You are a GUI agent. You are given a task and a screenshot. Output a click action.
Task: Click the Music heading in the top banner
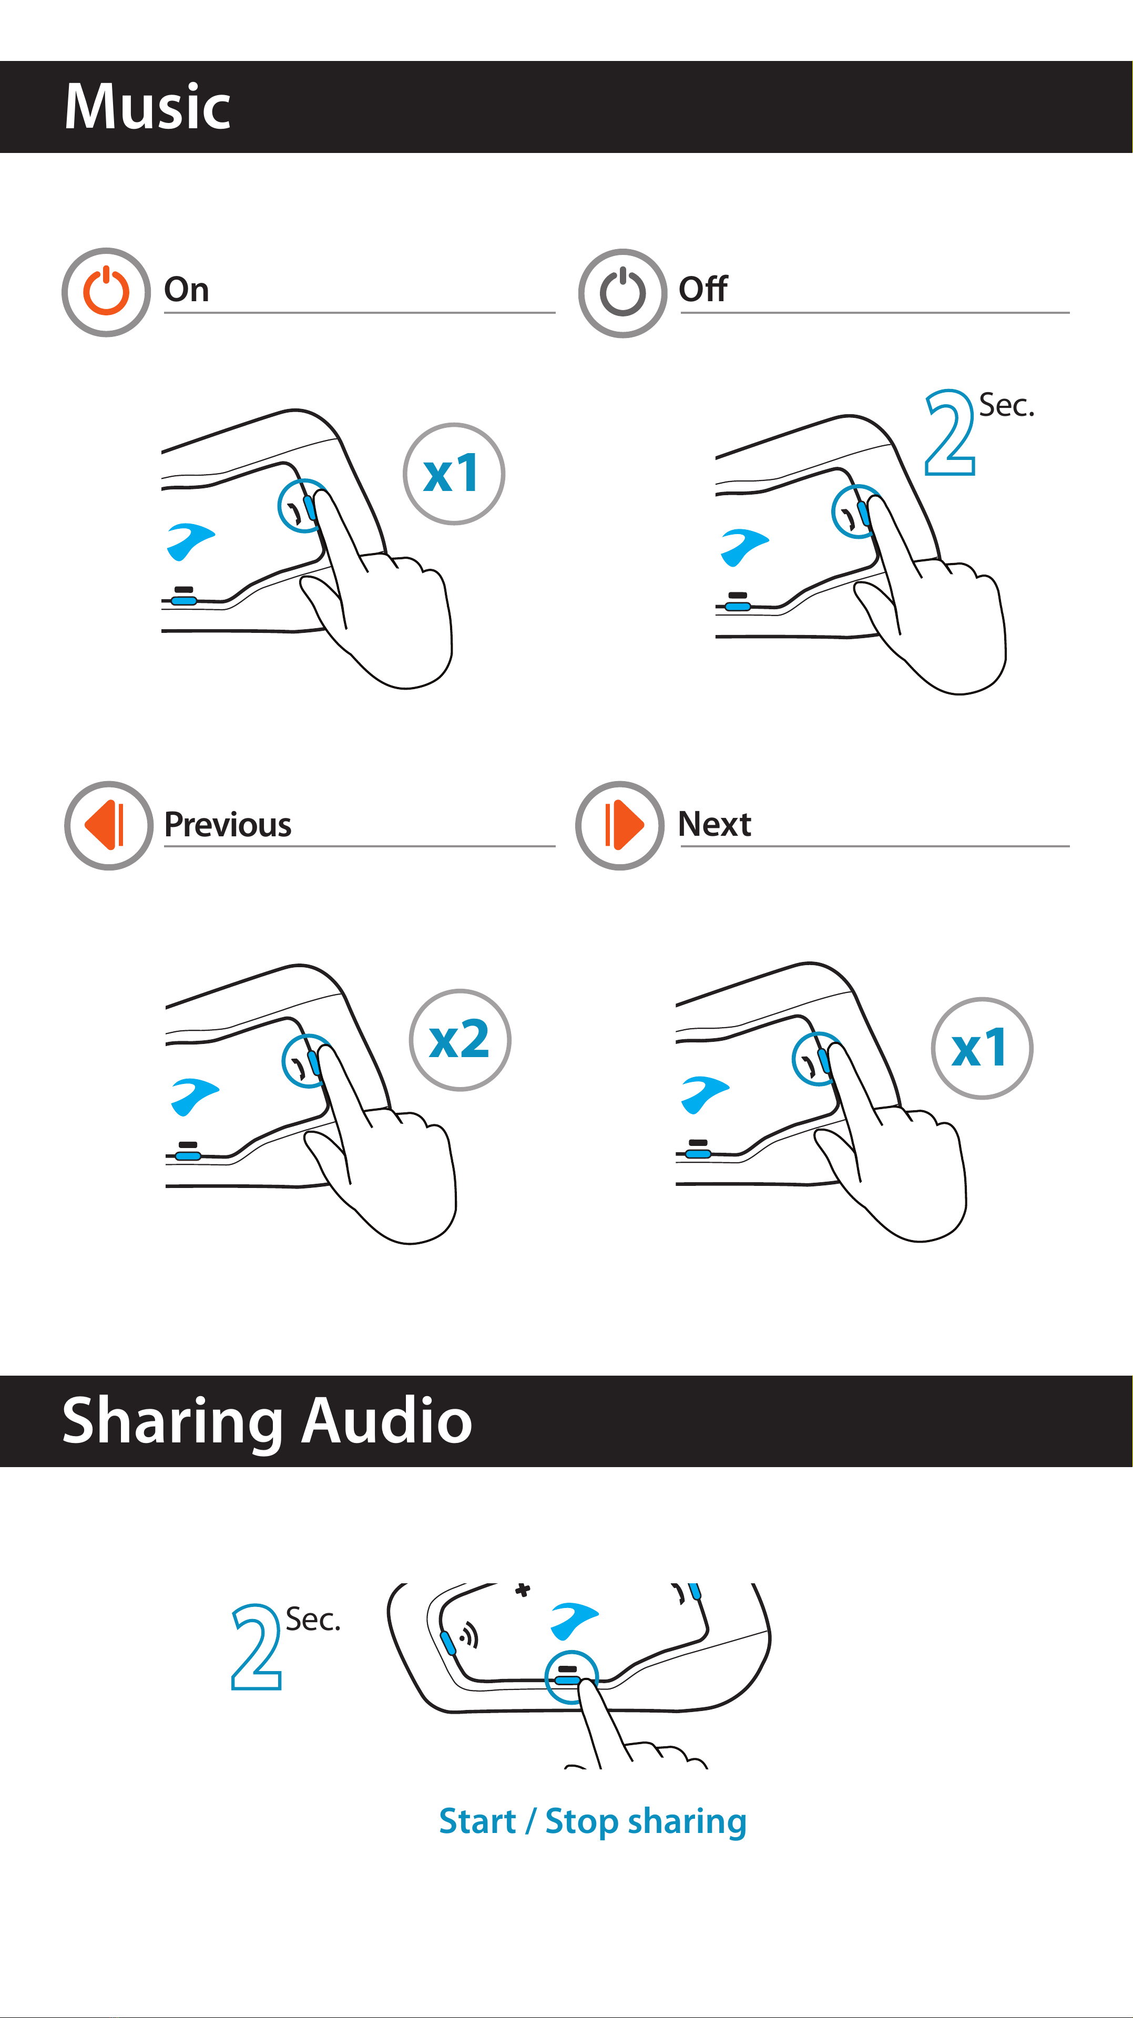point(147,107)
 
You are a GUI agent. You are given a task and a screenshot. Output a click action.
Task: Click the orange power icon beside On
point(107,292)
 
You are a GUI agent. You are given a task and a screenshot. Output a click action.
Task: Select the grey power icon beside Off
point(623,293)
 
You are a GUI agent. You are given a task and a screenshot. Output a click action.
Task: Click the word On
point(187,290)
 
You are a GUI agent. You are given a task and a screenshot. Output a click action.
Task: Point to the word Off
point(703,289)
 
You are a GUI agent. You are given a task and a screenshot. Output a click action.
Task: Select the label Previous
point(228,824)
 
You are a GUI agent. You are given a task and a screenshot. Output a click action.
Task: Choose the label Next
point(714,824)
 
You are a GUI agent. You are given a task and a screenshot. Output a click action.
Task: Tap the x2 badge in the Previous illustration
point(460,1040)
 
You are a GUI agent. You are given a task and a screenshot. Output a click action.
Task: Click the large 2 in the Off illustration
point(950,433)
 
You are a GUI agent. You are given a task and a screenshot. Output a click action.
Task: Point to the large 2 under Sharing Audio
point(256,1646)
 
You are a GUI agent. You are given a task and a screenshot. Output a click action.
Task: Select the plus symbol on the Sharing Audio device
point(523,1590)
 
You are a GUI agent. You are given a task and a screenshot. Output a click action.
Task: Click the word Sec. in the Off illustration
point(1007,406)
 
